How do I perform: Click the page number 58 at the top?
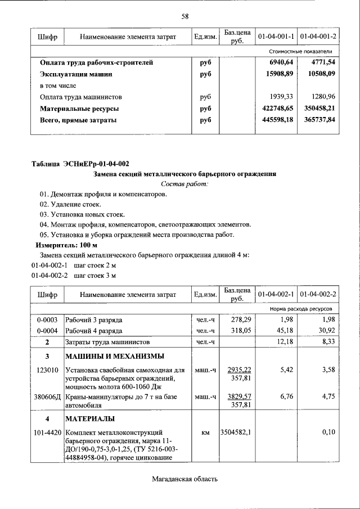tap(184, 16)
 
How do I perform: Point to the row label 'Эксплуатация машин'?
tap(76, 74)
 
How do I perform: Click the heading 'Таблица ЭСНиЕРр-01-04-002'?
tap(80, 164)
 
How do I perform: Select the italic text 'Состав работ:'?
tap(184, 184)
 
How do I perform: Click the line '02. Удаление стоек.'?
tap(70, 205)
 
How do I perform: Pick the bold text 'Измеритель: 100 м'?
tap(66, 246)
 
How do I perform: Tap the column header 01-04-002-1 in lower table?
tap(276, 294)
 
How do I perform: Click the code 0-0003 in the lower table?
tap(47, 319)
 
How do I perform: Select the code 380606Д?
tap(47, 396)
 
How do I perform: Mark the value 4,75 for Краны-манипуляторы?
tap(328, 396)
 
